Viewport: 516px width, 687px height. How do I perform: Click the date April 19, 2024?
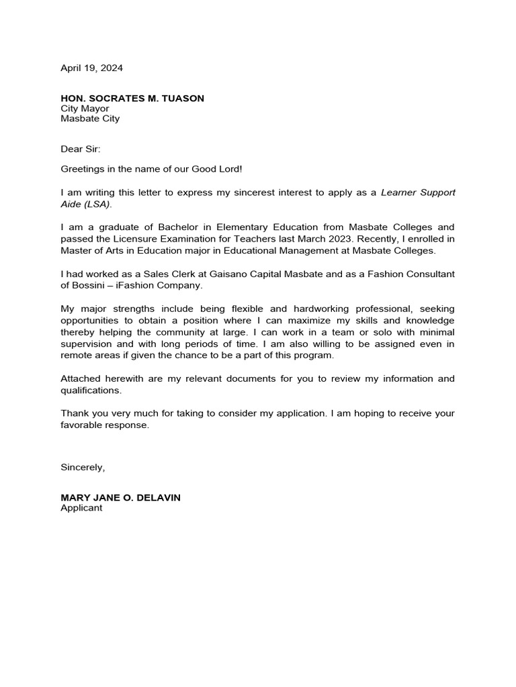91,68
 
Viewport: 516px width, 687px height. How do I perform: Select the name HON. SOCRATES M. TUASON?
132,99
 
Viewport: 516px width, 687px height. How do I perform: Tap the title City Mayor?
85,109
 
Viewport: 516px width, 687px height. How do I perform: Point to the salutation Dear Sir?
80,148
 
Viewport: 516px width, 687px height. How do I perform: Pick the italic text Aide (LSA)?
86,203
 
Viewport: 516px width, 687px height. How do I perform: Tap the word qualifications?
90,390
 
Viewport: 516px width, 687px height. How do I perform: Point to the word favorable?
82,425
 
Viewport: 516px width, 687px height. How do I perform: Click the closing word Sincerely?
82,467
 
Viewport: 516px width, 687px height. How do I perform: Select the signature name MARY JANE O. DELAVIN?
120,498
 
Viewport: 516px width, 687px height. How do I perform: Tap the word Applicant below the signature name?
81,508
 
